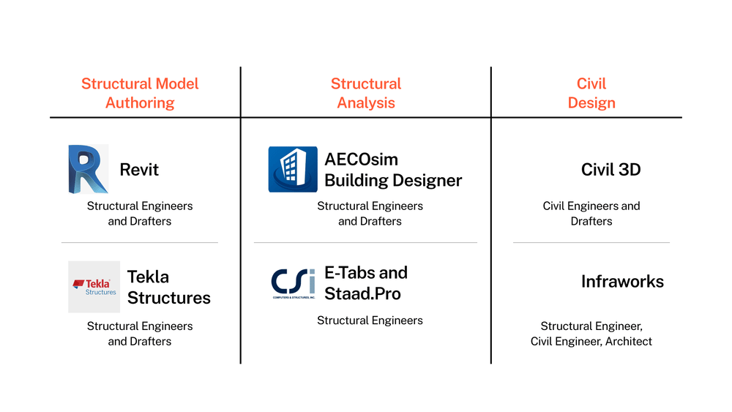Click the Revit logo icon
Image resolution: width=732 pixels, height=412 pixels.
(88, 169)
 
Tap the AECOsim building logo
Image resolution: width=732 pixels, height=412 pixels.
(293, 169)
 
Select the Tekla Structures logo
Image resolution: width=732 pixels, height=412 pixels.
(94, 287)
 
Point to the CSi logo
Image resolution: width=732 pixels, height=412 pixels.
(293, 283)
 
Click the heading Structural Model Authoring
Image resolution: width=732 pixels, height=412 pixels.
(140, 93)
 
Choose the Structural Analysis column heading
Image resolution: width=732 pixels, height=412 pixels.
(366, 93)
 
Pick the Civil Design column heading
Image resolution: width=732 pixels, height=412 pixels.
(591, 93)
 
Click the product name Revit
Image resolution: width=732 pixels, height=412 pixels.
(139, 170)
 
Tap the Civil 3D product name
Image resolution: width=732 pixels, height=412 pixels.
(610, 170)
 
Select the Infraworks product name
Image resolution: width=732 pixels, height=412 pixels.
(622, 282)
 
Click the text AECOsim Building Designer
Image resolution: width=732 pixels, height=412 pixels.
(393, 170)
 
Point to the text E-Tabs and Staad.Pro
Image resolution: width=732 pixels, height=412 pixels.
(366, 283)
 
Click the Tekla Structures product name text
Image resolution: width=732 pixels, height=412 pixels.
(168, 287)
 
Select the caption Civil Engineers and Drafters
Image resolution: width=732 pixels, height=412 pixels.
(591, 213)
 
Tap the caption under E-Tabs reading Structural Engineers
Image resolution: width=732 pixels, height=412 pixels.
(370, 320)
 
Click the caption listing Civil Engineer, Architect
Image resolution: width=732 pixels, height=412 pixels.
(591, 334)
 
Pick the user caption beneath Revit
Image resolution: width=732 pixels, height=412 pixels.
(140, 213)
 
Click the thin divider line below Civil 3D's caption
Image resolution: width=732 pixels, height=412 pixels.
(591, 242)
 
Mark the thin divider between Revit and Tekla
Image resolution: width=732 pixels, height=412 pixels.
(140, 242)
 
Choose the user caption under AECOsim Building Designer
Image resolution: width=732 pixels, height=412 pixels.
(370, 213)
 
